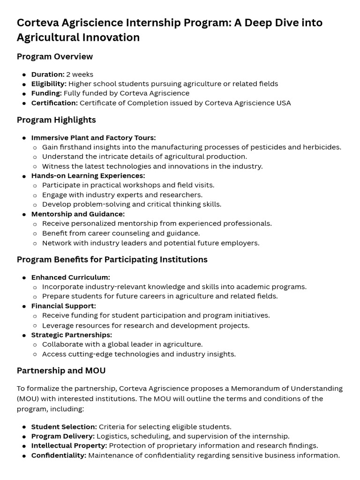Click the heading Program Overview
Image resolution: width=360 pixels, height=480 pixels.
tap(55, 57)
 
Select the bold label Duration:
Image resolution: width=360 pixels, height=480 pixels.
tap(48, 74)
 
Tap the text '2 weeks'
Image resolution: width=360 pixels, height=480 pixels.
tap(80, 74)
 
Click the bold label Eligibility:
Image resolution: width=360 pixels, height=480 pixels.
tap(49, 84)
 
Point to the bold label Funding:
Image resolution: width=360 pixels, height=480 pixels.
tap(46, 93)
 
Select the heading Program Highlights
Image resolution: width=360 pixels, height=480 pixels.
tap(56, 120)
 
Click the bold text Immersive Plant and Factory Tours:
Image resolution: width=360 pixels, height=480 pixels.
tap(93, 138)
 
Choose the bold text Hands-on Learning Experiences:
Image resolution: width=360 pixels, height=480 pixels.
tap(88, 176)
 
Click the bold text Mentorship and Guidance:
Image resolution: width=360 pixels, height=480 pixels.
tap(78, 214)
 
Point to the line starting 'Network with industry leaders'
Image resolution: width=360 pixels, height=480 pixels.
tap(150, 243)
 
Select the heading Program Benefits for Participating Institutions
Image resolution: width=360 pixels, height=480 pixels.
tap(112, 260)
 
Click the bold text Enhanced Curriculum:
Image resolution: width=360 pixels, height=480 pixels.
tap(70, 277)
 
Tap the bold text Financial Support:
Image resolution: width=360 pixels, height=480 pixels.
tap(63, 306)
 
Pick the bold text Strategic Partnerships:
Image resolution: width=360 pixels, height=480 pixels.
tap(71, 335)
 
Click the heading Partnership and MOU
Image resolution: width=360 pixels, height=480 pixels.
tap(61, 371)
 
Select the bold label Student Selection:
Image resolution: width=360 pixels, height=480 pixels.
tap(64, 427)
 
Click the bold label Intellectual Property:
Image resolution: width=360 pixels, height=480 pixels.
tap(69, 446)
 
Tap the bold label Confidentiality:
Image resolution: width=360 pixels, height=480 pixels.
tap(59, 455)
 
